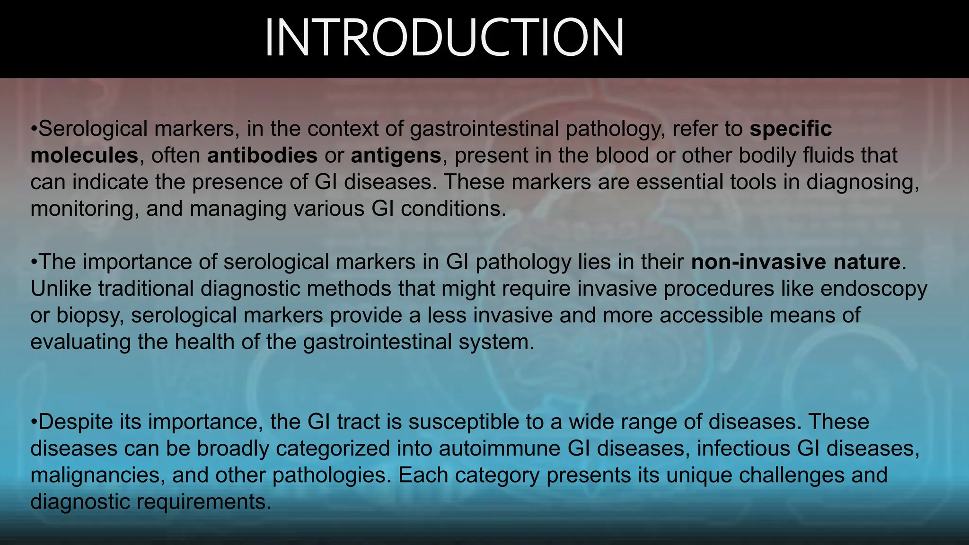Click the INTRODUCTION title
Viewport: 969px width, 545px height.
pyautogui.click(x=444, y=38)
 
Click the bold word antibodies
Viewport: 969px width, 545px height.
pyautogui.click(x=262, y=156)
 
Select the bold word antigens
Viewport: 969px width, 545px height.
pyautogui.click(x=396, y=156)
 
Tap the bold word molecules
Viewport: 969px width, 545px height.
pyautogui.click(x=84, y=156)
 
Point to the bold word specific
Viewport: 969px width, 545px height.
pyautogui.click(x=791, y=129)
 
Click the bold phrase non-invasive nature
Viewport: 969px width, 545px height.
pyautogui.click(x=795, y=262)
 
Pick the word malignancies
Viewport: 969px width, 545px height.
pyautogui.click(x=98, y=475)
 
